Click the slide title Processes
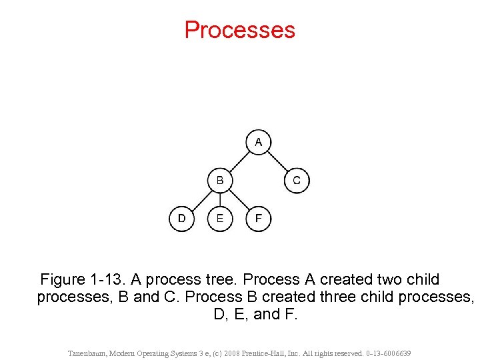click(239, 30)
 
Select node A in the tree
click(259, 142)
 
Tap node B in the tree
click(220, 180)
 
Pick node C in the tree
click(297, 180)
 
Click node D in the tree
click(181, 219)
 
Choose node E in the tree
click(220, 219)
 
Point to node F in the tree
click(259, 219)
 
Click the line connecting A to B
click(239, 161)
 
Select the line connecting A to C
click(277, 161)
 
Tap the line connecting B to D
click(201, 199)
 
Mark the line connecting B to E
click(220, 199)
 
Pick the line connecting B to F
click(239, 199)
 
